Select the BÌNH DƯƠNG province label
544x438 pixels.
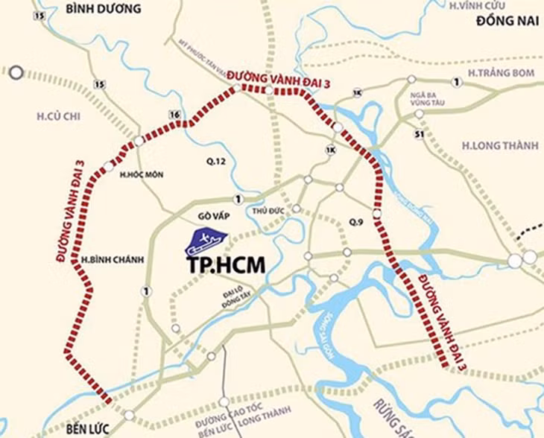pos(102,9)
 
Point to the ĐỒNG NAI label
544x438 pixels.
pos(507,22)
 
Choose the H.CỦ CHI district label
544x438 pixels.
pos(57,115)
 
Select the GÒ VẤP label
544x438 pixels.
pos(212,215)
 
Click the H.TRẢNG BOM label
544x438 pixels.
pos(493,72)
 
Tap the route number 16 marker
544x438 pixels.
pos(176,114)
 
